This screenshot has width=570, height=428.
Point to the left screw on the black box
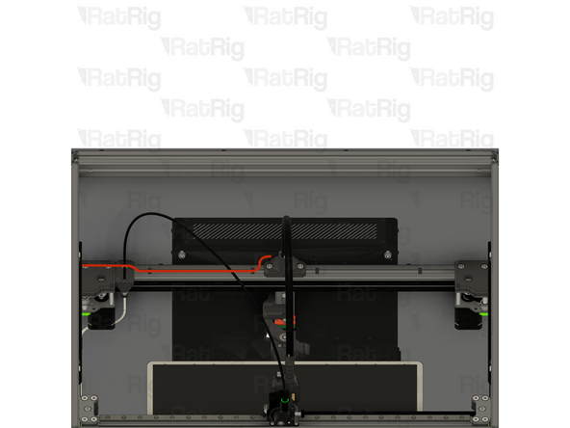pyautogui.click(x=182, y=254)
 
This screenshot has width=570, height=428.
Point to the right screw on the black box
pyautogui.click(x=387, y=254)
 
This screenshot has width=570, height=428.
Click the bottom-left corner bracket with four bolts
pyautogui.click(x=89, y=408)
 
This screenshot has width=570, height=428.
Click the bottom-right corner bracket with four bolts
pyautogui.click(x=479, y=408)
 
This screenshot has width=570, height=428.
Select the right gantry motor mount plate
pyautogui.click(x=470, y=278)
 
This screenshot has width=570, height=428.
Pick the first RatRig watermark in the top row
pyautogui.click(x=119, y=17)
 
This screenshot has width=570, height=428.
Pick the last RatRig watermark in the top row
pyautogui.click(x=453, y=17)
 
